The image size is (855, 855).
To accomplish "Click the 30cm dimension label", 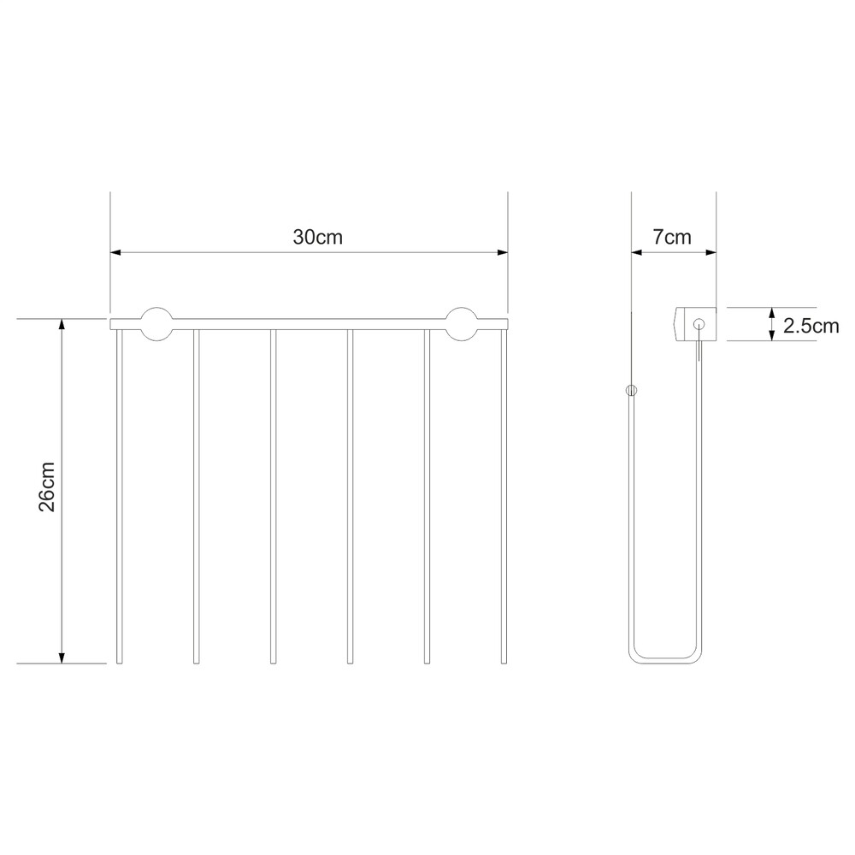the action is (317, 237).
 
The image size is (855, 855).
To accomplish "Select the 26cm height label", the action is (47, 486).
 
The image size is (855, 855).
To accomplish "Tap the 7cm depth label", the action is (672, 237).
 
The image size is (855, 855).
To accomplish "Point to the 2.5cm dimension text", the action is (811, 326).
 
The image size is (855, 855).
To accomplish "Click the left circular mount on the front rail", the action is (157, 324).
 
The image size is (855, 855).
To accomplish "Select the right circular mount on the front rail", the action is (462, 324).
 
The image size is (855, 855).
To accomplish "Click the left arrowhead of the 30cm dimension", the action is (115, 252).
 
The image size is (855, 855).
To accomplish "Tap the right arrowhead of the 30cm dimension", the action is (503, 252).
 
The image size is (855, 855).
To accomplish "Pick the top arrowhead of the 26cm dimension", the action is (62, 324).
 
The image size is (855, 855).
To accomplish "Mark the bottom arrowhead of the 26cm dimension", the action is (62, 657).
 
